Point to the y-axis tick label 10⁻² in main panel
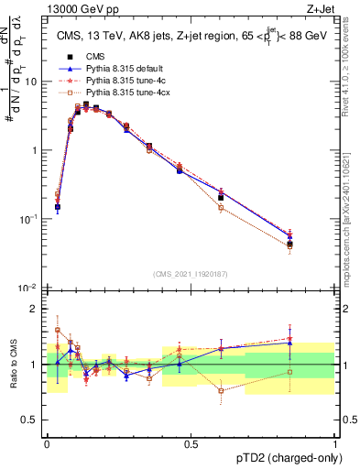(29, 288)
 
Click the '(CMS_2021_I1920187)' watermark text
(190, 273)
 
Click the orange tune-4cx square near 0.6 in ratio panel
(221, 391)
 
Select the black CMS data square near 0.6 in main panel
(221, 197)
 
